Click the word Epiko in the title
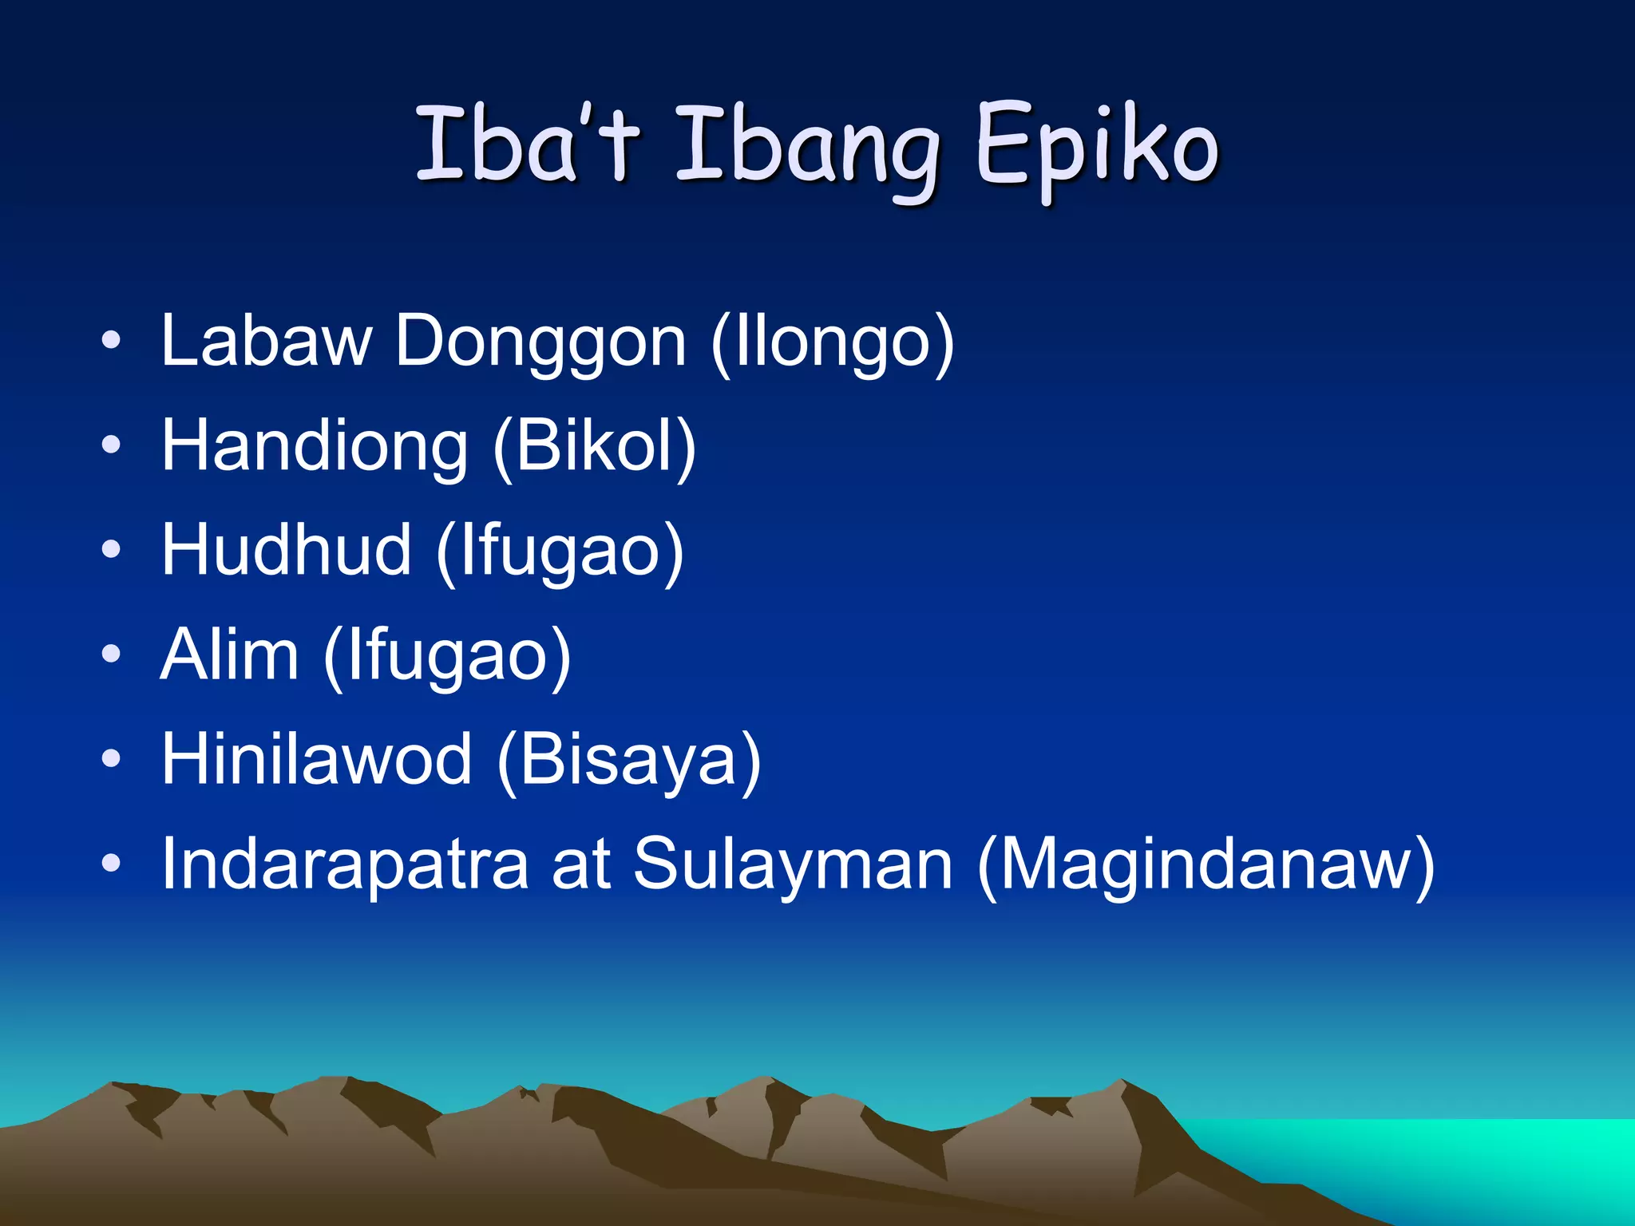1097,148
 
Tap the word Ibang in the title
807,148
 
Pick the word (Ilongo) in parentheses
833,343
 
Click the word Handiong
315,447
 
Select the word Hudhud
287,550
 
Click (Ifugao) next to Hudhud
560,552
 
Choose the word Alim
229,655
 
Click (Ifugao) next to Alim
447,657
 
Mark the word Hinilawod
317,759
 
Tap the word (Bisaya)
629,761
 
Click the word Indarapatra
345,864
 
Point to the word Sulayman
793,865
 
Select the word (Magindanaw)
1206,865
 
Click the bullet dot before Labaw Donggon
111,341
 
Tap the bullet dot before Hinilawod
111,759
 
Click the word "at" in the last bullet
581,864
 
